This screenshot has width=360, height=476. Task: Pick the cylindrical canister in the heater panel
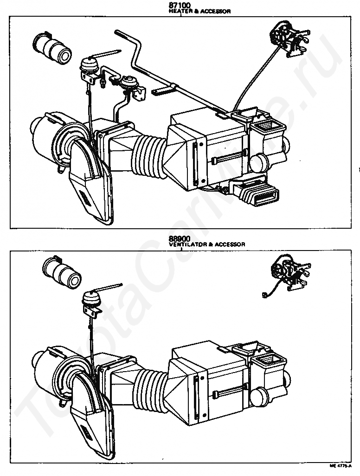[x=51, y=49]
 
